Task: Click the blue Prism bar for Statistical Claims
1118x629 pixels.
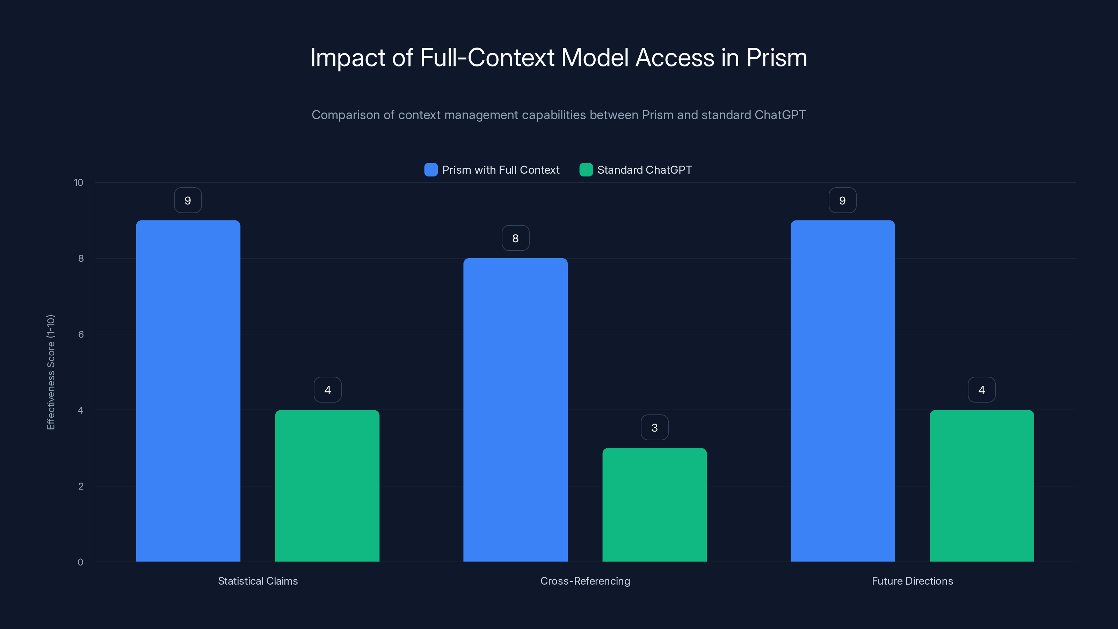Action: point(188,391)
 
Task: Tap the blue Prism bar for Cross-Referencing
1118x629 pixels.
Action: point(515,410)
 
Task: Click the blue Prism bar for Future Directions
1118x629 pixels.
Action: point(842,391)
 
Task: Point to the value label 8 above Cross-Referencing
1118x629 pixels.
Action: point(515,238)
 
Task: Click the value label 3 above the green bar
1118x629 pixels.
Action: point(654,428)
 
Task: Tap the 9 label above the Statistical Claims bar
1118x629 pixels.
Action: point(188,200)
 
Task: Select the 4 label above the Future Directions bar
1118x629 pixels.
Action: point(982,390)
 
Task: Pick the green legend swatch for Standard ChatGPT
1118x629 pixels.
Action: point(586,170)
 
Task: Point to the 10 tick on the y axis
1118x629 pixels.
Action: point(79,182)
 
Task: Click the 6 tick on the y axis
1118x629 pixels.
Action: point(81,334)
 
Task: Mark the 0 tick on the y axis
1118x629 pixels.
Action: point(80,562)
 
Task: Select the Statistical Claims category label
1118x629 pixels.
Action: point(258,581)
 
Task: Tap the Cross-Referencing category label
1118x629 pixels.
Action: point(585,581)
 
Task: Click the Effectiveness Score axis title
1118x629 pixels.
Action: point(51,372)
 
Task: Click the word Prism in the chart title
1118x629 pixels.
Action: point(776,58)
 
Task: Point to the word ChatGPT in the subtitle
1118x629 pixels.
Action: point(780,115)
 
